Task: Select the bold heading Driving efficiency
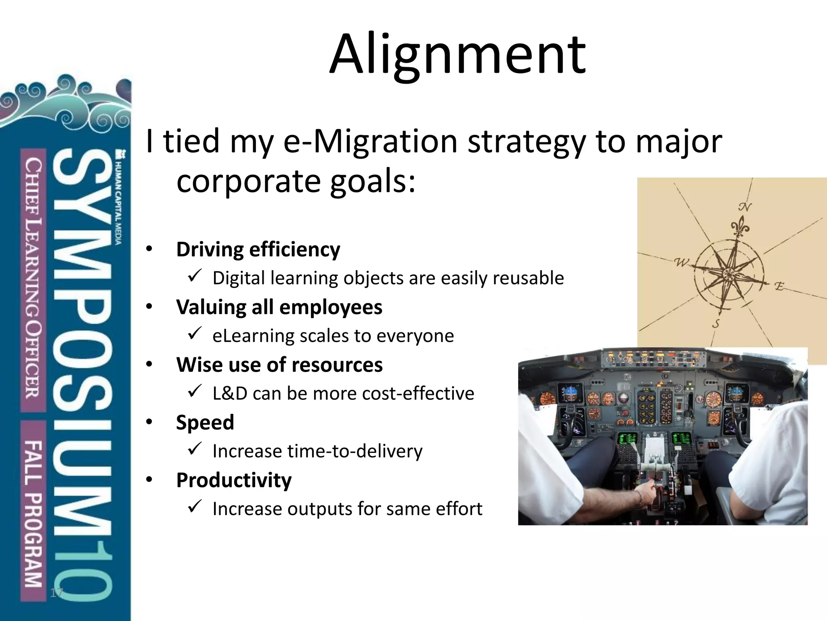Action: pos(258,249)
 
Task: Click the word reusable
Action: pos(528,278)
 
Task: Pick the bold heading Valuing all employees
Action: pos(279,307)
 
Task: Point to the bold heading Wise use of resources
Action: pos(279,365)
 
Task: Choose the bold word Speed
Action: pos(205,422)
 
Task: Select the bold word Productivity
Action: pos(234,480)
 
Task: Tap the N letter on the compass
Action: pos(745,207)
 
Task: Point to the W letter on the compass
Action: pos(682,263)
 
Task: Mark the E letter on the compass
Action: pos(779,287)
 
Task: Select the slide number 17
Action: pos(56,593)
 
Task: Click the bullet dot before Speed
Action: pos(149,422)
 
